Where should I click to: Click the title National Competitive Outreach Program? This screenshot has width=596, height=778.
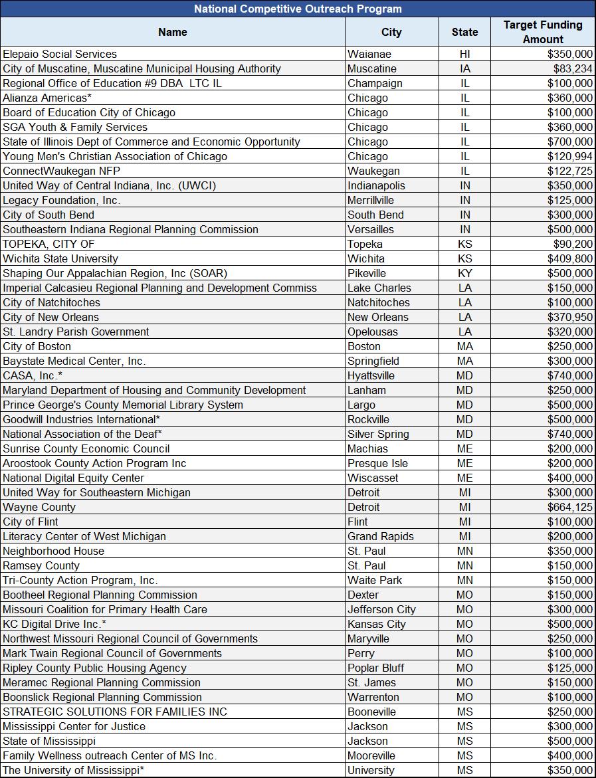coord(298,9)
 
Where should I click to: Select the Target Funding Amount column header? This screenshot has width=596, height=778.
coord(543,32)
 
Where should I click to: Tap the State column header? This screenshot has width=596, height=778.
coord(464,32)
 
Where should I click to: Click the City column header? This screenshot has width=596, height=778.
coord(391,32)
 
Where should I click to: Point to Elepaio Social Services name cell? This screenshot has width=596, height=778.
coord(60,54)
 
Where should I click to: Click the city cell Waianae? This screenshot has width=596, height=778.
coord(369,54)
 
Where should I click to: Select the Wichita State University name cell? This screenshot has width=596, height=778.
coord(60,258)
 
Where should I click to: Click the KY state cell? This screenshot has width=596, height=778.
coord(464,273)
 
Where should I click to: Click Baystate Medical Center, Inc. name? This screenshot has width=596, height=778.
coord(74,361)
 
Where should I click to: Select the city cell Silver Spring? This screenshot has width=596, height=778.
coord(378,434)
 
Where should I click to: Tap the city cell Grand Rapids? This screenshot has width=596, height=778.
coord(380,536)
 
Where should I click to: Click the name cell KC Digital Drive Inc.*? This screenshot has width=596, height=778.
coord(54,624)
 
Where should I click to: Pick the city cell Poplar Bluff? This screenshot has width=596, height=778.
coord(375,668)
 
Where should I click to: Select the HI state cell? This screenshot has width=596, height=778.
coord(464,54)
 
